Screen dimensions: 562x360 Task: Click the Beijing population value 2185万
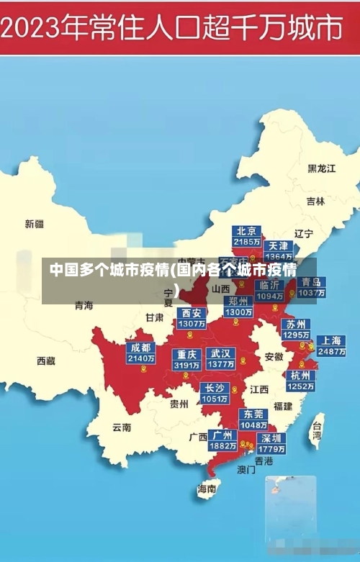tap(247, 242)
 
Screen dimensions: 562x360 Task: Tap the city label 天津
tap(279, 245)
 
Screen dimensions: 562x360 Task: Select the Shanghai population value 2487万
tap(331, 352)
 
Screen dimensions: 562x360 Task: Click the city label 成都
tap(140, 348)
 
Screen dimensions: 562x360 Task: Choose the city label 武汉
tap(220, 353)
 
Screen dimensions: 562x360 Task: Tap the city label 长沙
tap(215, 388)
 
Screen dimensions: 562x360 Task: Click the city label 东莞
tap(253, 414)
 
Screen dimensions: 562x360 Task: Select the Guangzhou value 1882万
tap(222, 446)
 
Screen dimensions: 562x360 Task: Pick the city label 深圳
tap(271, 438)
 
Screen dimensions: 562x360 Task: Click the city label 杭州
tap(300, 375)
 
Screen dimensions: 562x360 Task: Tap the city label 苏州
tap(295, 324)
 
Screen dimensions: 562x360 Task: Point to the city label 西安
tap(192, 313)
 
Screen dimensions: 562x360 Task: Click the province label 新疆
tap(34, 224)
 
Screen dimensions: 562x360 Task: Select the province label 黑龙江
tap(321, 168)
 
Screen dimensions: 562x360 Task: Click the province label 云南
tap(122, 427)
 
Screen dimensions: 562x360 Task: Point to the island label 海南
tap(207, 489)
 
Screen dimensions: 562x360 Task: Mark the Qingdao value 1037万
tap(312, 293)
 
